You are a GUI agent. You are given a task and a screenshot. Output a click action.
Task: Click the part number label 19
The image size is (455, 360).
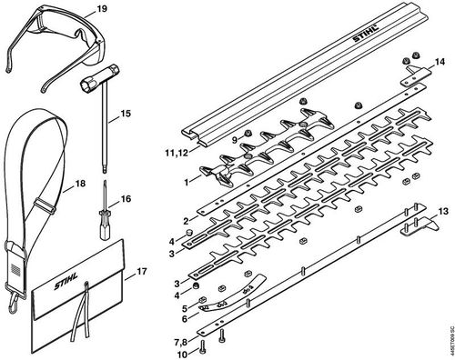coord(101,9)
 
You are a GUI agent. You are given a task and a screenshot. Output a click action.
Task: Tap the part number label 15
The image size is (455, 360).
coord(125,114)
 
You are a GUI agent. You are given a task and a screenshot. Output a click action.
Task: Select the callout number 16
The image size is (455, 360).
coord(126,199)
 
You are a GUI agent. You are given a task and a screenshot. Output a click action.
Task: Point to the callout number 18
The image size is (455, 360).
coord(80,184)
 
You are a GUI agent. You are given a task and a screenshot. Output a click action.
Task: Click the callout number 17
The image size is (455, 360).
coord(142,271)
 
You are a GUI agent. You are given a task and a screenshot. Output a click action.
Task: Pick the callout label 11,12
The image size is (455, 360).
coord(177,153)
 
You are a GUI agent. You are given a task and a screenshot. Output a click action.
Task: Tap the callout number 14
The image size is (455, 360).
coord(440,62)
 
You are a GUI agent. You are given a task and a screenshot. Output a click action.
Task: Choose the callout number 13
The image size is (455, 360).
coord(443,211)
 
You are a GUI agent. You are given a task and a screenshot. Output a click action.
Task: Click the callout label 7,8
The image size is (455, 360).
coord(181,343)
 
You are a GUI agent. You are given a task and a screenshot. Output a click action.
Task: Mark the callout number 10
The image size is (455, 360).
coord(183,354)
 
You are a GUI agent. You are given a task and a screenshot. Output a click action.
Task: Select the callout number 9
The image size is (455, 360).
coord(235,140)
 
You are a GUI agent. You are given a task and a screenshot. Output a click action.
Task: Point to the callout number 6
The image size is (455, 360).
coord(185,318)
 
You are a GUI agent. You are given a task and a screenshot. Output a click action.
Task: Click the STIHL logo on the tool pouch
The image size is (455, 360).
coord(66,281)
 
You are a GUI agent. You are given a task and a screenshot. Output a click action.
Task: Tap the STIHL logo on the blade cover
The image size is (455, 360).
coord(366,34)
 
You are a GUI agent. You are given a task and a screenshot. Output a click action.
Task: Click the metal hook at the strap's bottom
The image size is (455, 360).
coord(14,302)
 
